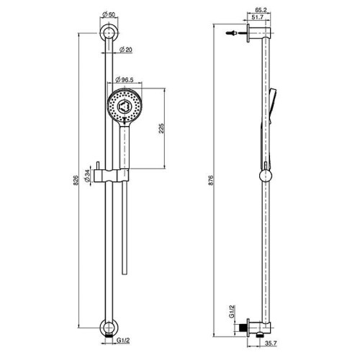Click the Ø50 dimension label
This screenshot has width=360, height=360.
coord(109,14)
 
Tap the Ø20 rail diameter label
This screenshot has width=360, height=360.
coord(126,50)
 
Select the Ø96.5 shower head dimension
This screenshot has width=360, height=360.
coord(125,80)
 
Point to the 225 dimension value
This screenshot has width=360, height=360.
coord(161,128)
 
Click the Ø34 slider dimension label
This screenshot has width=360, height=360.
coord(88,176)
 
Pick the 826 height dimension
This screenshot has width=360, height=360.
coord(76,180)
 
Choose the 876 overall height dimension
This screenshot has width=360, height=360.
coord(211,180)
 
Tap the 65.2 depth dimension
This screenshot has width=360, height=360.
coord(261,10)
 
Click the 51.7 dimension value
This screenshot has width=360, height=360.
coord(258,17)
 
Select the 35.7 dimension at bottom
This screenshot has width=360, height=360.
coord(271,343)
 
